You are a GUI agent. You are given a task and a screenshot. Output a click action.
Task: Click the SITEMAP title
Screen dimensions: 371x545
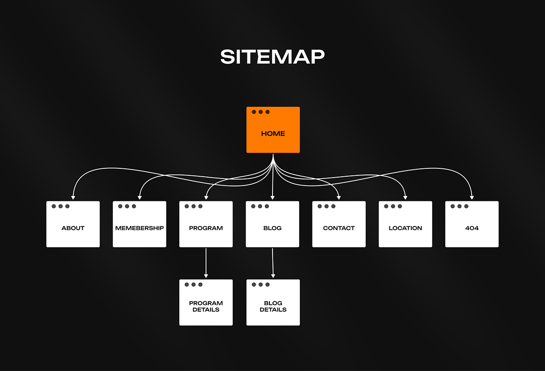272,57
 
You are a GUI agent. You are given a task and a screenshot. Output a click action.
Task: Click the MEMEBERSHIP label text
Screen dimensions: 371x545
139,228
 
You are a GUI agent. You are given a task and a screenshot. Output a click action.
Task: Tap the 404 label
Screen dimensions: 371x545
472,228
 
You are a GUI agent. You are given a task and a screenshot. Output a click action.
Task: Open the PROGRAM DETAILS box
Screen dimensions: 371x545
206,303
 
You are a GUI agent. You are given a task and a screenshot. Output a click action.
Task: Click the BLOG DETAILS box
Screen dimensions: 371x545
273,303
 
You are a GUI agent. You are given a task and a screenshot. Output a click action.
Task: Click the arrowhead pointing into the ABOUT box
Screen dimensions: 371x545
73,197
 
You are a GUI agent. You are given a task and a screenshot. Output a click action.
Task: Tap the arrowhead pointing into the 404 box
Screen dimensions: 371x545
472,197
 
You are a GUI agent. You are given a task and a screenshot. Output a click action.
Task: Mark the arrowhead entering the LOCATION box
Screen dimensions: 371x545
405,197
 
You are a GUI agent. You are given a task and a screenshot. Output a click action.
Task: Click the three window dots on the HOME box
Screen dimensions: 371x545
261,112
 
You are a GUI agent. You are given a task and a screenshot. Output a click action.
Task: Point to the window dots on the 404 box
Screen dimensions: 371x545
459,206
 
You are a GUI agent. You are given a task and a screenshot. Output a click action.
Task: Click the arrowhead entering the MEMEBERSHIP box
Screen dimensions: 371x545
140,197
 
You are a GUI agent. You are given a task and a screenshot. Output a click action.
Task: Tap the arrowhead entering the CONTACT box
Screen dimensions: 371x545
339,197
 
